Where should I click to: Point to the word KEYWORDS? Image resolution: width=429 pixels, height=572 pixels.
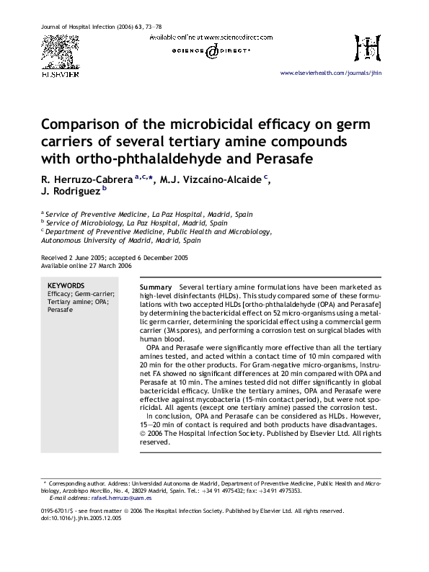pyautogui.click(x=66, y=286)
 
